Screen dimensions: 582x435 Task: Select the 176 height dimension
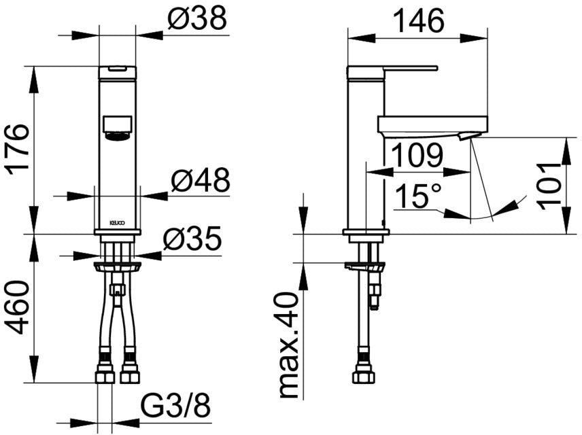click(x=18, y=147)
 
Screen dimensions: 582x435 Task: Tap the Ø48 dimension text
click(x=201, y=180)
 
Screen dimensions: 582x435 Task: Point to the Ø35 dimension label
click(x=192, y=239)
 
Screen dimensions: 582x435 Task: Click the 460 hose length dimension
click(x=17, y=307)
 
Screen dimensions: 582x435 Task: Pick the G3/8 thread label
click(x=176, y=405)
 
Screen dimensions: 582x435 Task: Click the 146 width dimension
click(x=418, y=21)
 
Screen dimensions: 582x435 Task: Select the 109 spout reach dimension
click(x=417, y=156)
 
